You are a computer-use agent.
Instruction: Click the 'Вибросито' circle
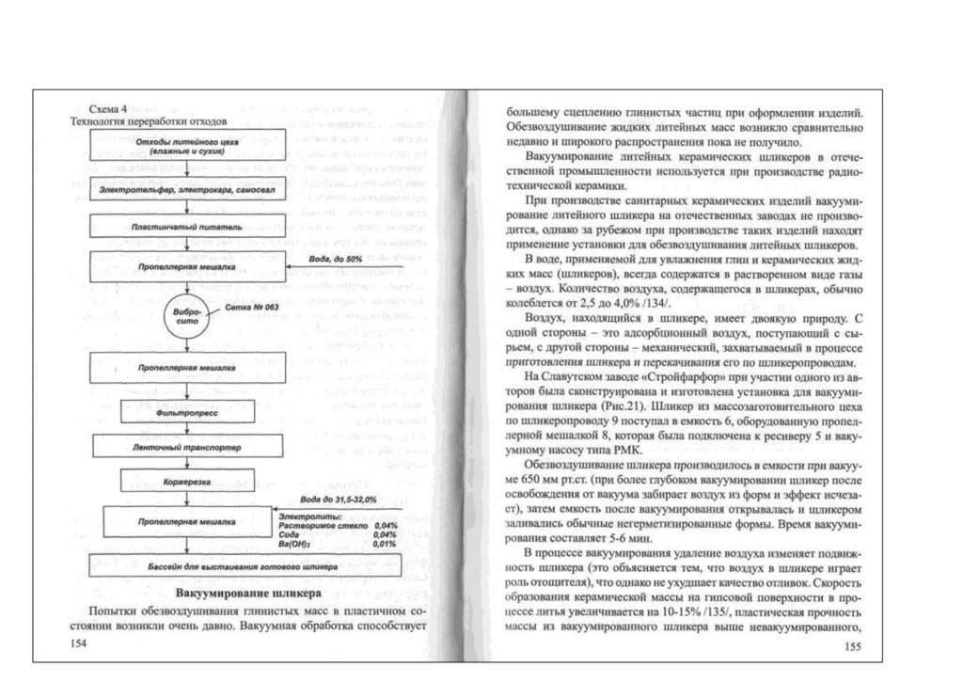pyautogui.click(x=185, y=317)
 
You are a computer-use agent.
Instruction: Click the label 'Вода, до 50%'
pyautogui.click(x=336, y=258)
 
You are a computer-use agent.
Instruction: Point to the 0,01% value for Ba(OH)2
pyautogui.click(x=383, y=544)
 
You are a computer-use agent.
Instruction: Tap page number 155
pyautogui.click(x=853, y=645)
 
